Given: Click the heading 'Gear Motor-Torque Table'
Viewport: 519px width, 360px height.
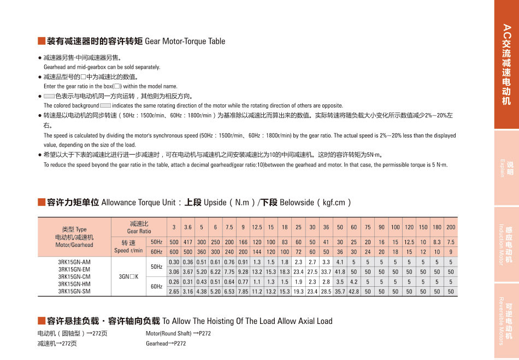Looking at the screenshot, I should tap(185, 42).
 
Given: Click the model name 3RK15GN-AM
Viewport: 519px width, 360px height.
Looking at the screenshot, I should tap(74, 262).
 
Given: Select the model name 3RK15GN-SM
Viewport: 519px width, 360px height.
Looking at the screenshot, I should tap(74, 291).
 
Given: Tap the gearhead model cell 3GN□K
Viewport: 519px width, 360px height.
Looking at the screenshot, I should tap(129, 277).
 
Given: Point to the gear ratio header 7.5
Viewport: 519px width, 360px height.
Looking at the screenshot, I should tap(229, 227).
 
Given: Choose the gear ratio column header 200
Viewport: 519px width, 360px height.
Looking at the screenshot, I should tap(451, 227).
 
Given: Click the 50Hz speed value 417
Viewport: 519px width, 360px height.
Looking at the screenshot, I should tap(187, 242).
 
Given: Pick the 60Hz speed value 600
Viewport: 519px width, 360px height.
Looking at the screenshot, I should tap(174, 252).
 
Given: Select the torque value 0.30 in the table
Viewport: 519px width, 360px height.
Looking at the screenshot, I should tap(174, 262).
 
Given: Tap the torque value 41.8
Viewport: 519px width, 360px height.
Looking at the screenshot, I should tap(340, 272).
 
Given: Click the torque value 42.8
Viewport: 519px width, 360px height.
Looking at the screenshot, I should tap(353, 292).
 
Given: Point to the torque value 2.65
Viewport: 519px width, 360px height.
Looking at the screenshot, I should tap(174, 292).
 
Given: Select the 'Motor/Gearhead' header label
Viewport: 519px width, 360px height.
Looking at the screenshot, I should tap(74, 245).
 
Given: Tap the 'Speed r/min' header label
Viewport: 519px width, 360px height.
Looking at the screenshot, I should tap(128, 251).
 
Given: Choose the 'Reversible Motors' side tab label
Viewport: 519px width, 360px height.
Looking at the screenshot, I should tap(501, 321).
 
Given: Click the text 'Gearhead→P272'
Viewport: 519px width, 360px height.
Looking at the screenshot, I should tap(166, 344).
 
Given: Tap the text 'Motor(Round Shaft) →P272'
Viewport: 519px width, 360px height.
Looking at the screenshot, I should tap(178, 333).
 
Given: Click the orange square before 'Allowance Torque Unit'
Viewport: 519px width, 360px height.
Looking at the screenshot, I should tap(41, 203).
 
